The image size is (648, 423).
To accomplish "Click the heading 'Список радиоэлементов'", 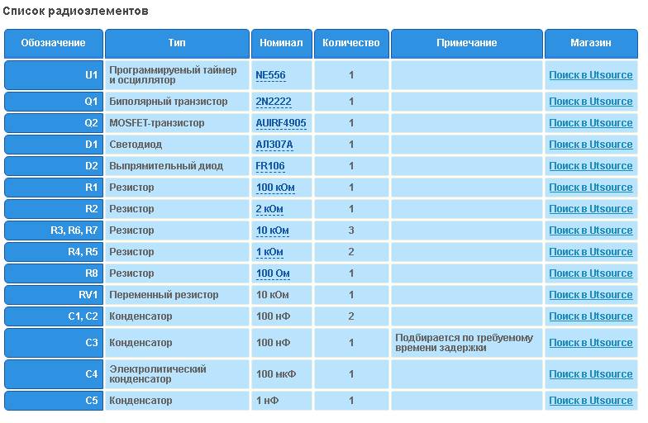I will click(x=76, y=12).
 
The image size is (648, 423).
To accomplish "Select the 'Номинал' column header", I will click(x=281, y=43).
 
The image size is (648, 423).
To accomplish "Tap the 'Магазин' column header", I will click(x=590, y=43).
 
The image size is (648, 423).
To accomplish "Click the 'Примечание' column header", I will click(x=466, y=43).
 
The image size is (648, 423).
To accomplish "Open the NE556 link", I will click(x=270, y=75).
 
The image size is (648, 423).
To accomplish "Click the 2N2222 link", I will click(x=274, y=102).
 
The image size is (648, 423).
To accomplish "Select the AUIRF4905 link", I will click(x=281, y=123).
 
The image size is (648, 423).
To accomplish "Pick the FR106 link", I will click(x=270, y=166).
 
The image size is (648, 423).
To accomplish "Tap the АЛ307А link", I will click(x=274, y=145).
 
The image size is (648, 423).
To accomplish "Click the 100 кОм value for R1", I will click(x=275, y=188).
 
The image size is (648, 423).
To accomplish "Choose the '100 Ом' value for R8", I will click(x=273, y=273).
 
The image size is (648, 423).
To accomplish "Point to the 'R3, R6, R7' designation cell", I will click(x=74, y=231).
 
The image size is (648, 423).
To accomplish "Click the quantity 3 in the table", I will click(x=350, y=231).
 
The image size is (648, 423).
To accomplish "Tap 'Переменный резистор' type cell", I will click(x=164, y=295).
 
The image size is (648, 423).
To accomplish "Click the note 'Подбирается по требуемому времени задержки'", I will click(x=464, y=343).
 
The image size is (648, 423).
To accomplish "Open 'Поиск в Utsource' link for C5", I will click(x=590, y=401).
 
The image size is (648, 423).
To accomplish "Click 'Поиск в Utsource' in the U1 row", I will click(x=590, y=75).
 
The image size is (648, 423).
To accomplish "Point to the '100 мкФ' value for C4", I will click(x=276, y=374).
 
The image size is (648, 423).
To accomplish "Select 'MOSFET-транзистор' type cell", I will click(x=156, y=123).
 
